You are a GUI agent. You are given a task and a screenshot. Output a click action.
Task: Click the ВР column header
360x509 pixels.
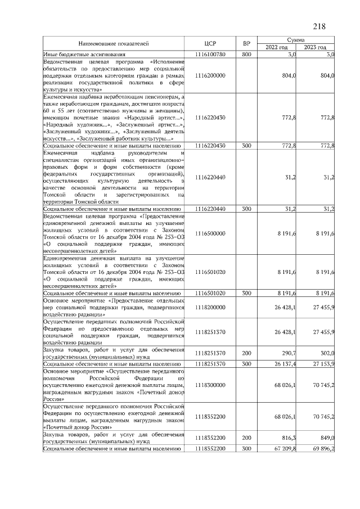point(246,43)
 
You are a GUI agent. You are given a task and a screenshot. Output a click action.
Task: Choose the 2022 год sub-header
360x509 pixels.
point(277,47)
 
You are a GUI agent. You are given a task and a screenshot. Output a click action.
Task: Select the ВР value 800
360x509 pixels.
point(246,54)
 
